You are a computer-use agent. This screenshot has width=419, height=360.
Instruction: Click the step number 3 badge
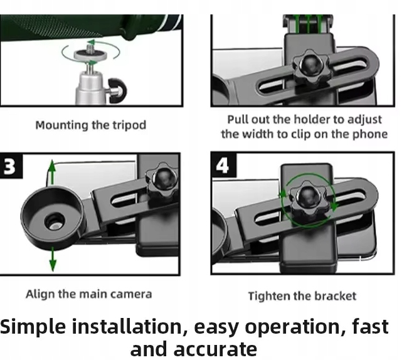click(x=11, y=166)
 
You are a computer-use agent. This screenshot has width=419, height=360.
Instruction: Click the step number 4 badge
click(x=223, y=165)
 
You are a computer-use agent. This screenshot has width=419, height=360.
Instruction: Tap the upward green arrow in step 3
click(x=53, y=172)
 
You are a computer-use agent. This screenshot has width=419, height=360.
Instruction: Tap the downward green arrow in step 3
click(x=53, y=259)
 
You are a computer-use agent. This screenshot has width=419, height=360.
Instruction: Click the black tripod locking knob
click(x=117, y=90)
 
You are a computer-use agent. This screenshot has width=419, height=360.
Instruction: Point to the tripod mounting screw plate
click(x=90, y=55)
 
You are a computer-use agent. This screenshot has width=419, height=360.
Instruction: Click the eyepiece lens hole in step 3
click(x=55, y=223)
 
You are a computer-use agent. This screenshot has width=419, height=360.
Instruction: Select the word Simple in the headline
click(x=33, y=327)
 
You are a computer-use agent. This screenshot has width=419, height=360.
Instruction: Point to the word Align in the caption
click(x=40, y=294)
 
